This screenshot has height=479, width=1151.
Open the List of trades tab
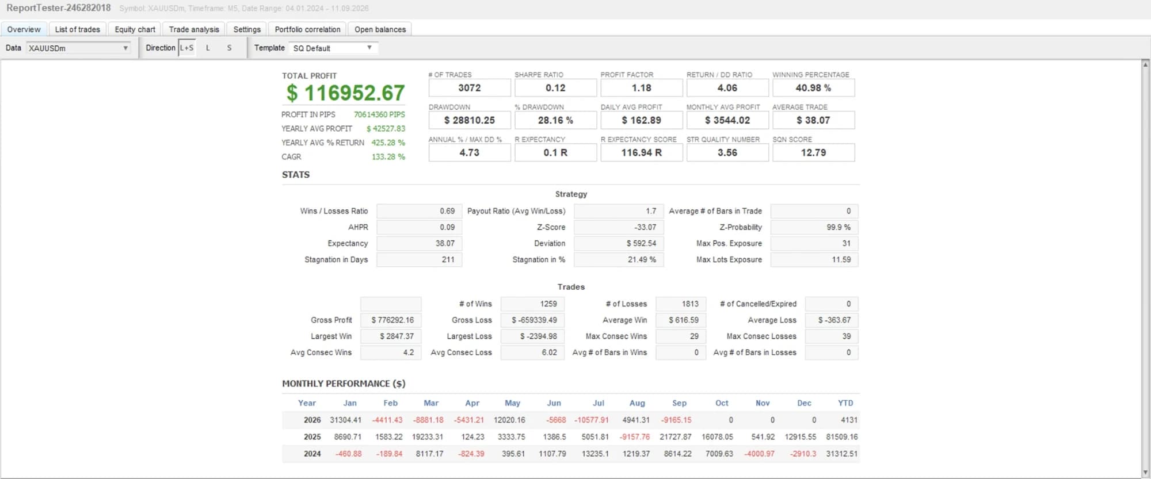(x=77, y=29)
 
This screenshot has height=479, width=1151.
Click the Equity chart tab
(x=135, y=29)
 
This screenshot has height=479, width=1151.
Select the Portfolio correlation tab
(x=307, y=29)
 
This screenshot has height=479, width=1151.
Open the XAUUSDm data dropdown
(x=78, y=48)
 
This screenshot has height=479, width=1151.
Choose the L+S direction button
(x=187, y=48)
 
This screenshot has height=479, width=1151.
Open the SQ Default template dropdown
(x=333, y=48)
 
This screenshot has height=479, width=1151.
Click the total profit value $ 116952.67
(x=346, y=93)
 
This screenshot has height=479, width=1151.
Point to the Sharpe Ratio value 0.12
(x=555, y=88)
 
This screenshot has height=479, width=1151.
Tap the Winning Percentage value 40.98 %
(x=813, y=88)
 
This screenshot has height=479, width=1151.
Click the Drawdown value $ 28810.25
(x=470, y=120)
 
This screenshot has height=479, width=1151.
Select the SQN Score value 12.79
(x=813, y=152)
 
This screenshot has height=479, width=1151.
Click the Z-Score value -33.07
(x=619, y=227)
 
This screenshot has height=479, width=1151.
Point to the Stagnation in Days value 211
(x=419, y=259)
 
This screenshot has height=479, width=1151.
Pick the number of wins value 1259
(x=532, y=304)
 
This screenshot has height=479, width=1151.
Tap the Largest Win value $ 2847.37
(x=391, y=336)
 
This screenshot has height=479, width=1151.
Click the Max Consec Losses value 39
(x=832, y=336)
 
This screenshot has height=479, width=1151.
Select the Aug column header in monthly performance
(x=637, y=403)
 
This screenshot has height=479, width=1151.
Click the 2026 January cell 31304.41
(x=345, y=420)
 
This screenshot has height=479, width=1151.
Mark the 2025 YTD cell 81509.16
(x=841, y=436)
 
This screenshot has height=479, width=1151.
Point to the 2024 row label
(x=312, y=454)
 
